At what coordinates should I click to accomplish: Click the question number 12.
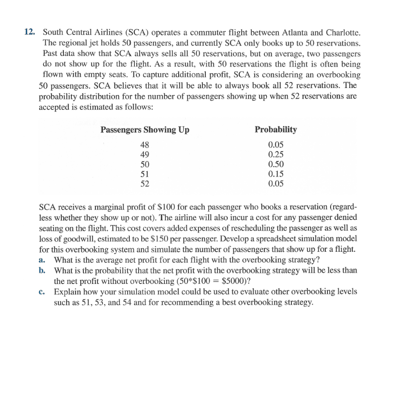coord(30,32)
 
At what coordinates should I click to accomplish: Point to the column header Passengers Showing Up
coord(145,130)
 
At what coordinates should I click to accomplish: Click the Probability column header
coord(276,130)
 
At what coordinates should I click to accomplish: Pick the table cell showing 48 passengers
coord(145,145)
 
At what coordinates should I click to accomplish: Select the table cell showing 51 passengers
coord(145,174)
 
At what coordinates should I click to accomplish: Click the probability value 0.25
coord(276,155)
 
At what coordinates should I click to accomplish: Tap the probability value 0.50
coord(276,164)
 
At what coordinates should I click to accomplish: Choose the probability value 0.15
coord(276,174)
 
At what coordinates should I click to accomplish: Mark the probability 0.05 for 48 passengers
coord(276,145)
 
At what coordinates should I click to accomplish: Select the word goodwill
coord(69,238)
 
